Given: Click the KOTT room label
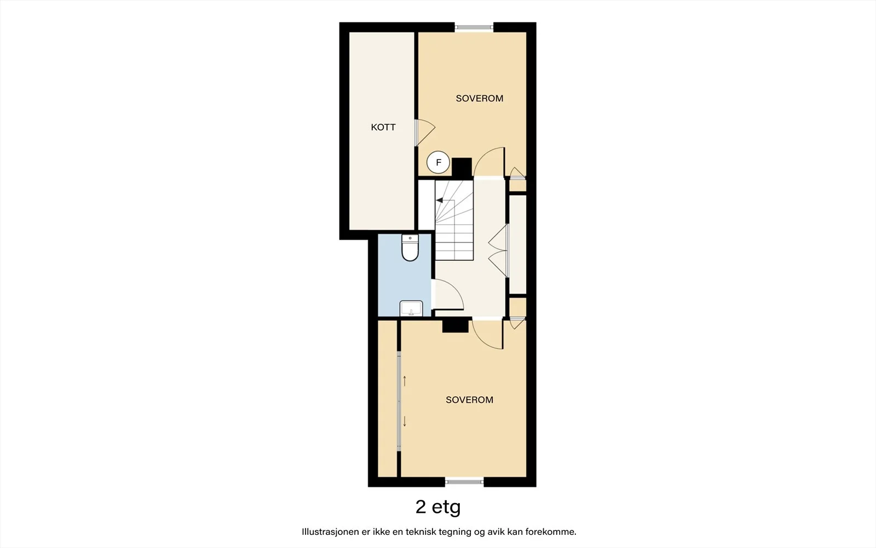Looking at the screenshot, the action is point(383,127).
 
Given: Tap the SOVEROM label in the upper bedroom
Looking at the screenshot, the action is point(480,98).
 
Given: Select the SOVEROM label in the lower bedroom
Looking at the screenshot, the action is point(469,399).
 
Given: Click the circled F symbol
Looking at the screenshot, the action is point(438,162).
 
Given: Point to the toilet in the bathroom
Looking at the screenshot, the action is point(410,248).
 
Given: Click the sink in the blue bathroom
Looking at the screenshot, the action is point(411,309).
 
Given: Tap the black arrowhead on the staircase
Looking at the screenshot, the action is point(440,200).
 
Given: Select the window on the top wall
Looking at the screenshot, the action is point(474,27).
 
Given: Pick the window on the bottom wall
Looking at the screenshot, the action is point(465,482).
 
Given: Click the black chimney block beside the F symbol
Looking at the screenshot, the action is point(462,168).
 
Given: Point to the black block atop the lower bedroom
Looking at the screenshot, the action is point(456,326).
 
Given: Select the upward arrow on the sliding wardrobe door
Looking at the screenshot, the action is point(405,381).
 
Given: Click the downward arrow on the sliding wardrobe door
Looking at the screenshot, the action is point(405,421).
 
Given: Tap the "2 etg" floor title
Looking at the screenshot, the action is point(438,507).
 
